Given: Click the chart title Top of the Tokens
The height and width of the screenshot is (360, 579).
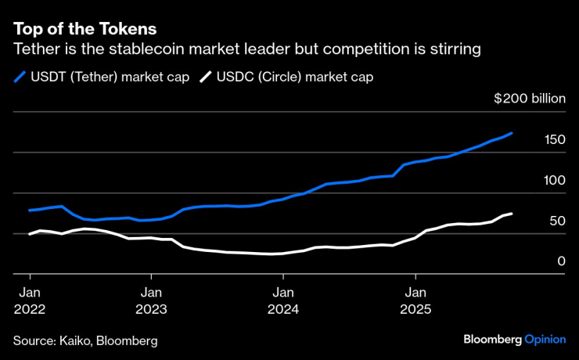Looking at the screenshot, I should click(x=85, y=28).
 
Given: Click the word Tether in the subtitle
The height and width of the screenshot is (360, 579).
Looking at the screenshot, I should click(x=36, y=49).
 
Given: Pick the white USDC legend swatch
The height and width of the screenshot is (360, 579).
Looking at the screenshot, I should click(x=207, y=77).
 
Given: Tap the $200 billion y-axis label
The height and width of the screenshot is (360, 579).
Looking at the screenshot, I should click(x=530, y=99).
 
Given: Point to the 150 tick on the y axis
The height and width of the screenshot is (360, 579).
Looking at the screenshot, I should click(x=555, y=140).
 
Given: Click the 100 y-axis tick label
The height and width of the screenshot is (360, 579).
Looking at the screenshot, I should click(x=555, y=181).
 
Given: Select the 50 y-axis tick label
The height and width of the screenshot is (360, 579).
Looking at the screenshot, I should click(x=557, y=221).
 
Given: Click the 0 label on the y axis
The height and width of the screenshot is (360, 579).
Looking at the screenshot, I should click(x=561, y=261).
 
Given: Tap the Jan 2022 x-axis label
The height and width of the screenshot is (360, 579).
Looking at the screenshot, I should click(x=30, y=299).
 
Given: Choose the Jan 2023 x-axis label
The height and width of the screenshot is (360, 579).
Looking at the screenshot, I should click(x=152, y=299).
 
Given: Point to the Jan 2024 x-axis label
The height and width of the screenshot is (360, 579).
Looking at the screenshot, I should click(x=283, y=299).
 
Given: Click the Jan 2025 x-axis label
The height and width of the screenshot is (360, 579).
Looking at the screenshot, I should click(x=415, y=299).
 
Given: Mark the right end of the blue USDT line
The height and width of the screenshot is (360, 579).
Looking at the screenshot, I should click(x=512, y=133).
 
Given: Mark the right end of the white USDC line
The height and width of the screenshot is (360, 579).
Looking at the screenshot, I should click(x=512, y=214).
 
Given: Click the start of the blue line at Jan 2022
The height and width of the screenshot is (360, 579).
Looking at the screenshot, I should click(x=30, y=211).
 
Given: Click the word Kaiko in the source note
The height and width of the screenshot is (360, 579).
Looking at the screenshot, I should click(x=74, y=341).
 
